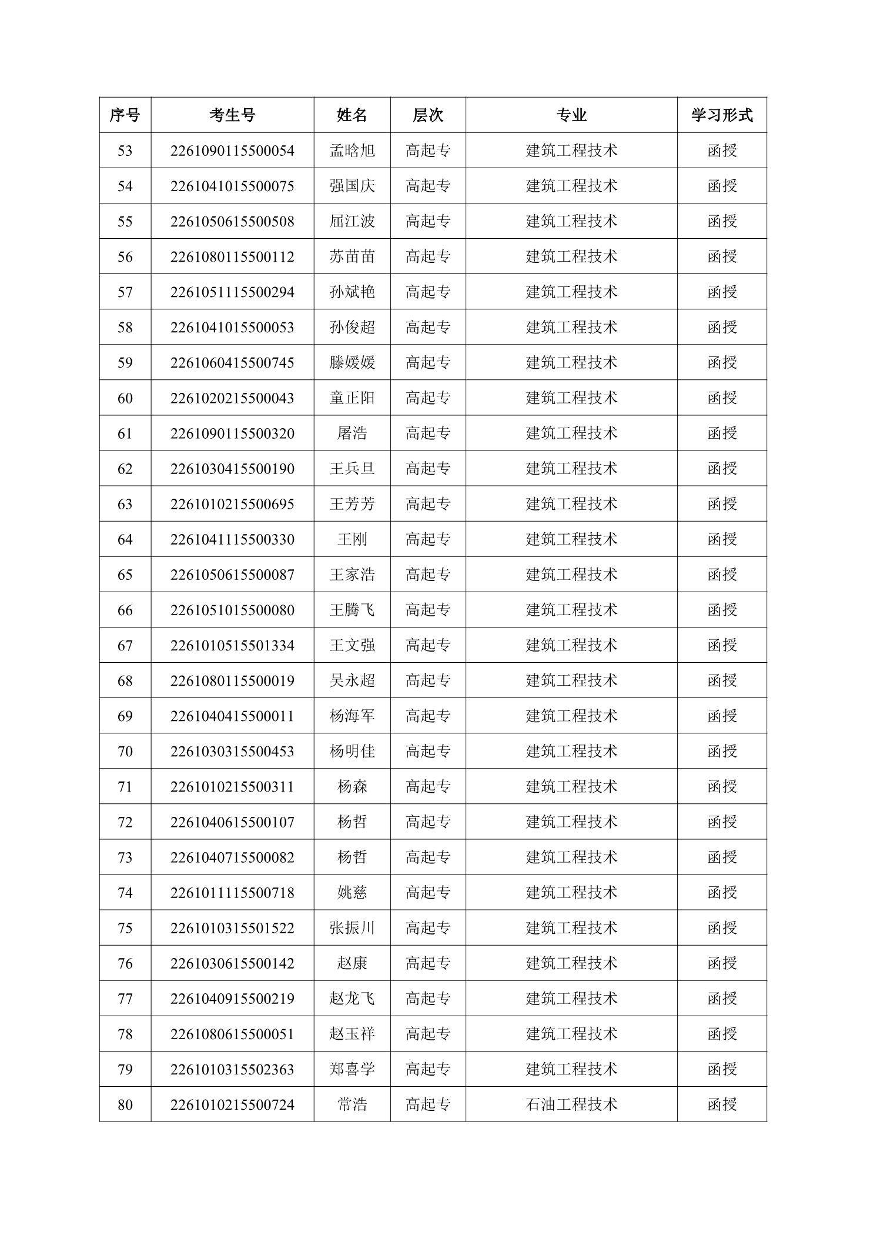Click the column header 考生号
coord(232,115)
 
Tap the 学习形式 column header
coord(721,115)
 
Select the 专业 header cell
coord(571,115)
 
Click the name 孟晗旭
coord(352,151)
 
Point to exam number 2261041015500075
coord(232,186)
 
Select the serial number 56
coord(125,257)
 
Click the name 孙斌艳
coord(352,292)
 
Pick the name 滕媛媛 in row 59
coord(352,363)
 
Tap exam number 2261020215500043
coord(232,398)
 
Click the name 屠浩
coord(352,433)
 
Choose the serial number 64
coord(125,539)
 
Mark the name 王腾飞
coord(352,610)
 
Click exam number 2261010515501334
coord(232,646)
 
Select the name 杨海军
coord(352,716)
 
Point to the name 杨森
coord(352,787)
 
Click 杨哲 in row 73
coord(352,857)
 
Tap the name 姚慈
coord(352,893)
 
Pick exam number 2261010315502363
coord(232,1069)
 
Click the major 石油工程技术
coord(571,1104)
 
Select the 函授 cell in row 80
coord(721,1104)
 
